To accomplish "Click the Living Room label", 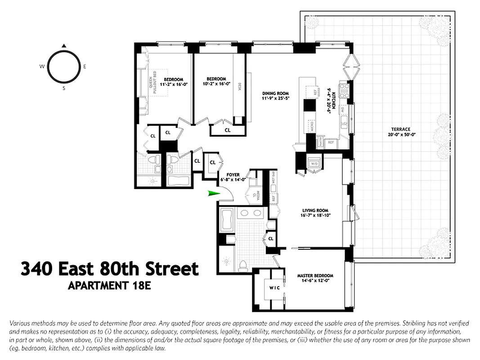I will click(315, 210).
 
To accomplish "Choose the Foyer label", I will click(233, 175).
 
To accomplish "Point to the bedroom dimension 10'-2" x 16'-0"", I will click(216, 83).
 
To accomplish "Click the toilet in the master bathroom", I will click(243, 265).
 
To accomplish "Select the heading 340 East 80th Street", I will click(109, 269).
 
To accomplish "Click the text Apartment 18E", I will click(108, 285).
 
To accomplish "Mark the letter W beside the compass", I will click(41, 67).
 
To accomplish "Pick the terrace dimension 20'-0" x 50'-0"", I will click(400, 135).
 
